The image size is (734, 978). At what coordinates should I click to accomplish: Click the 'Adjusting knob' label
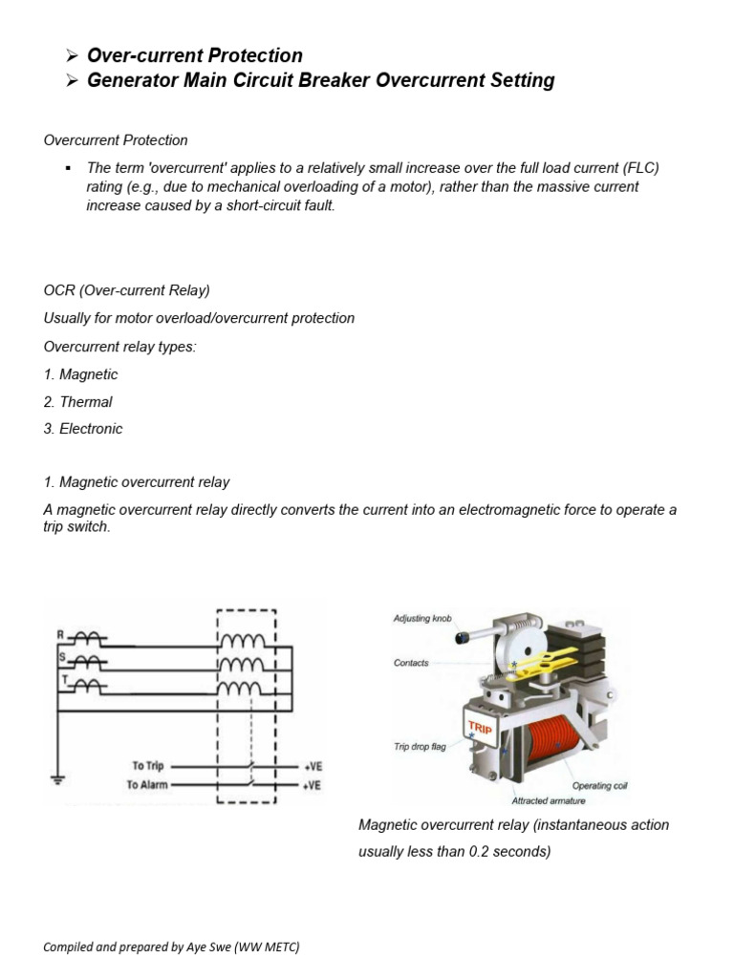(x=421, y=619)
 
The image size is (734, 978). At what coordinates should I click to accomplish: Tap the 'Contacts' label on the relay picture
(x=411, y=663)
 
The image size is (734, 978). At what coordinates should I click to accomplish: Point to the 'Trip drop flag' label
(x=420, y=747)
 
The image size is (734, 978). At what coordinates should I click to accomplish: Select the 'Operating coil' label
(x=599, y=785)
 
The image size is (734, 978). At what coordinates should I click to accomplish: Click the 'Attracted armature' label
(x=550, y=800)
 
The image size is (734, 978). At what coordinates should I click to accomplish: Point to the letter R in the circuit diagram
(x=60, y=633)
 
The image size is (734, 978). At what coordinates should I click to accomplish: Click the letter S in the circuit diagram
(x=61, y=657)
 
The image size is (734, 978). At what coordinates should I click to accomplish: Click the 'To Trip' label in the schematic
(x=148, y=766)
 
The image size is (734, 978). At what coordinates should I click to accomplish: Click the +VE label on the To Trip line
(x=313, y=766)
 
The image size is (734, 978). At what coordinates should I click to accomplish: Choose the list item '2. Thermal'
(x=77, y=402)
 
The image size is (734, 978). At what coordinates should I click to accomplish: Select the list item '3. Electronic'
(x=83, y=429)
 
